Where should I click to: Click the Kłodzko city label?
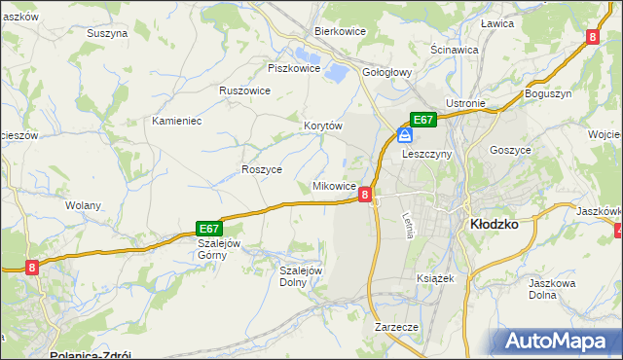[494, 223]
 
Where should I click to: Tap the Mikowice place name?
[334, 186]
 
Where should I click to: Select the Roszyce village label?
[261, 168]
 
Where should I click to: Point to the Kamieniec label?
[176, 122]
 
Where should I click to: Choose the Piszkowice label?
[293, 68]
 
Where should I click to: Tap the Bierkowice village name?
[339, 30]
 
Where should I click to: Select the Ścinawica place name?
[454, 49]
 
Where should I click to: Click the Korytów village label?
[323, 126]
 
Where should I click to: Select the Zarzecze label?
[396, 328]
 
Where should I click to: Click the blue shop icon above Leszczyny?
[403, 136]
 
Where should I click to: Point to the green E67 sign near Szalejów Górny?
[210, 228]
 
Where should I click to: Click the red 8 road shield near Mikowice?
[365, 195]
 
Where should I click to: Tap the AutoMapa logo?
[560, 342]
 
